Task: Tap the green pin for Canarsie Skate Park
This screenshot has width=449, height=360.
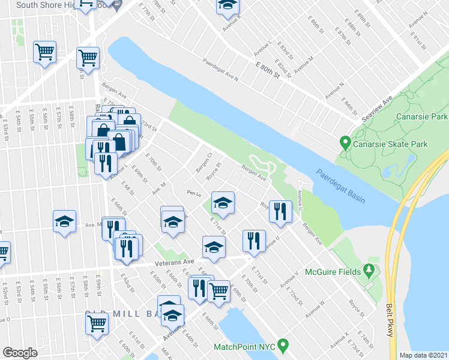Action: pyautogui.click(x=345, y=143)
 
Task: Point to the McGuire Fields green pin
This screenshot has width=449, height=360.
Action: pyautogui.click(x=371, y=272)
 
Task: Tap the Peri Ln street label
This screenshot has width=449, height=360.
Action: pyautogui.click(x=192, y=193)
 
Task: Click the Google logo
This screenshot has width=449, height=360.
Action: pyautogui.click(x=20, y=353)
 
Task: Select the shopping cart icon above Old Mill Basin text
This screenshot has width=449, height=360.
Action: pyautogui.click(x=97, y=323)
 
